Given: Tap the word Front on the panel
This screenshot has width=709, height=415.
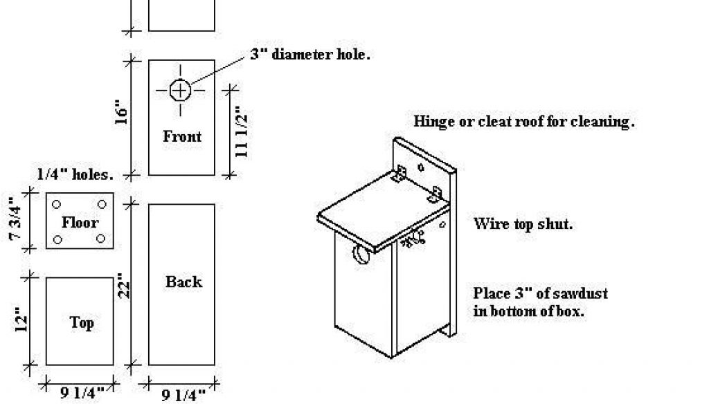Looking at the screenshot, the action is tap(182, 136).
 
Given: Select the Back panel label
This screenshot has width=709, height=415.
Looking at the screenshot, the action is tap(183, 282).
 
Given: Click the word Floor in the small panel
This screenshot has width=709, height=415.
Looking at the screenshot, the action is tap(80, 222).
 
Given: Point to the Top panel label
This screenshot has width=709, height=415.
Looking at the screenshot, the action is tap(82, 323).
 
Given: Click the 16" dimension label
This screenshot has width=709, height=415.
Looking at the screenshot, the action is tap(122, 113).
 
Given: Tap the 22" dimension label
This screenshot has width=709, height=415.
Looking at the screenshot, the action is tap(123, 286).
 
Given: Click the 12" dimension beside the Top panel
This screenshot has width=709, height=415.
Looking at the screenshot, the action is tap(21, 320).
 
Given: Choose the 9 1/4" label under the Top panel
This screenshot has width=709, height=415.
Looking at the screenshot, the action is tap(82, 392).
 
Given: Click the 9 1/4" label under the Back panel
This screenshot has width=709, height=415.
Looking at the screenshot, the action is tap(183, 395).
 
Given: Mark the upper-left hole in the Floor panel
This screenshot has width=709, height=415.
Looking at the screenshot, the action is tap(57, 205).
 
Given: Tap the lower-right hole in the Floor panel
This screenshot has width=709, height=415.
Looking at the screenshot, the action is tap(101, 238).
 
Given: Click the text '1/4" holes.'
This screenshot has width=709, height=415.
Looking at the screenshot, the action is tap(75, 174).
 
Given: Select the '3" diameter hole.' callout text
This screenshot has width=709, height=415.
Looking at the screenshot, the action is tap(310, 55).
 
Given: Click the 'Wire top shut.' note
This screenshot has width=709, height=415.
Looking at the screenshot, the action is tap(523, 224).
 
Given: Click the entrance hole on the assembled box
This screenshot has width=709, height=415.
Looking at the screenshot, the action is tap(361, 254).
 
